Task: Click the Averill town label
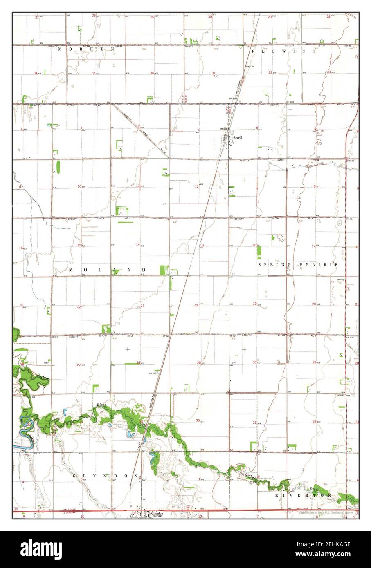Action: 238,137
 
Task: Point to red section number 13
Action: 202,245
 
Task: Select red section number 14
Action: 138,244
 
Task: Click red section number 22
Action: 79,307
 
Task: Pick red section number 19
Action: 254,304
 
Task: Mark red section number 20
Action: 314,304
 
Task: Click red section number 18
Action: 254,245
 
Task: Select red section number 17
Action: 313,246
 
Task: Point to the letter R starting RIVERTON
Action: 277,495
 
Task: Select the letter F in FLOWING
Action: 253,51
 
